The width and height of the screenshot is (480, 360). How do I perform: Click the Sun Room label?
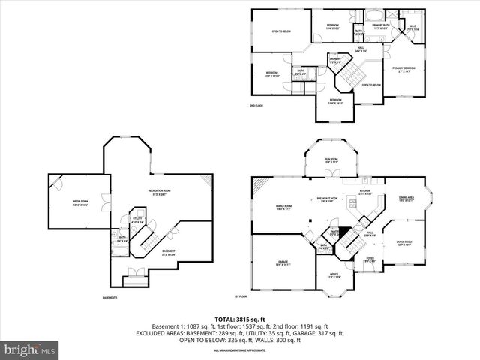pos(331,160)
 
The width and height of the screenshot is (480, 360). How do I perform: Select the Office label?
pos(334,276)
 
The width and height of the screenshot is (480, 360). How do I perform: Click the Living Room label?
pos(404,243)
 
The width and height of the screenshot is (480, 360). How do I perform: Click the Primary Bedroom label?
pos(406,70)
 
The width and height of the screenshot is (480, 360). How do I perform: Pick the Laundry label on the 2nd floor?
pos(334,60)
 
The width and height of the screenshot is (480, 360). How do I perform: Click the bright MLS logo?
pos(28,349)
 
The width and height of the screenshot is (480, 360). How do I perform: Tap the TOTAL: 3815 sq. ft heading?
pos(240,319)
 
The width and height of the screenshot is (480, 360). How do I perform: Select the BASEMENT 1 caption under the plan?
pos(110,298)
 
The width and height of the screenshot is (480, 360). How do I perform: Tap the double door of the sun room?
pos(330,177)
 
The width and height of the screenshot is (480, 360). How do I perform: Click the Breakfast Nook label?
pos(327,199)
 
